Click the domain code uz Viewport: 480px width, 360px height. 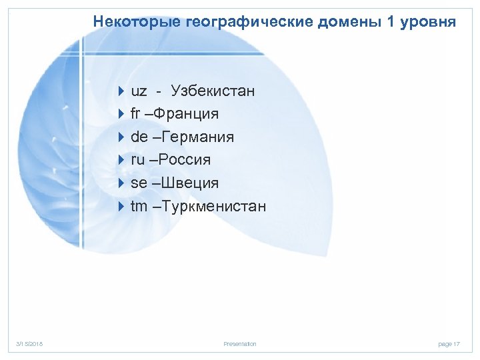click(139, 91)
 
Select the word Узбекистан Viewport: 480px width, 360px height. click(213, 91)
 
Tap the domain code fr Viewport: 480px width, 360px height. click(137, 114)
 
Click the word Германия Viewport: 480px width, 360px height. click(198, 137)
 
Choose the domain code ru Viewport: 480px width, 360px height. click(138, 160)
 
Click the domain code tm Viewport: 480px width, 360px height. click(139, 207)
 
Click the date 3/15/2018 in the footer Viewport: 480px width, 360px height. click(29, 344)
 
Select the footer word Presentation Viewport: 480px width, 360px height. click(240, 344)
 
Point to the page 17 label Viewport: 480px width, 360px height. click(449, 344)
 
